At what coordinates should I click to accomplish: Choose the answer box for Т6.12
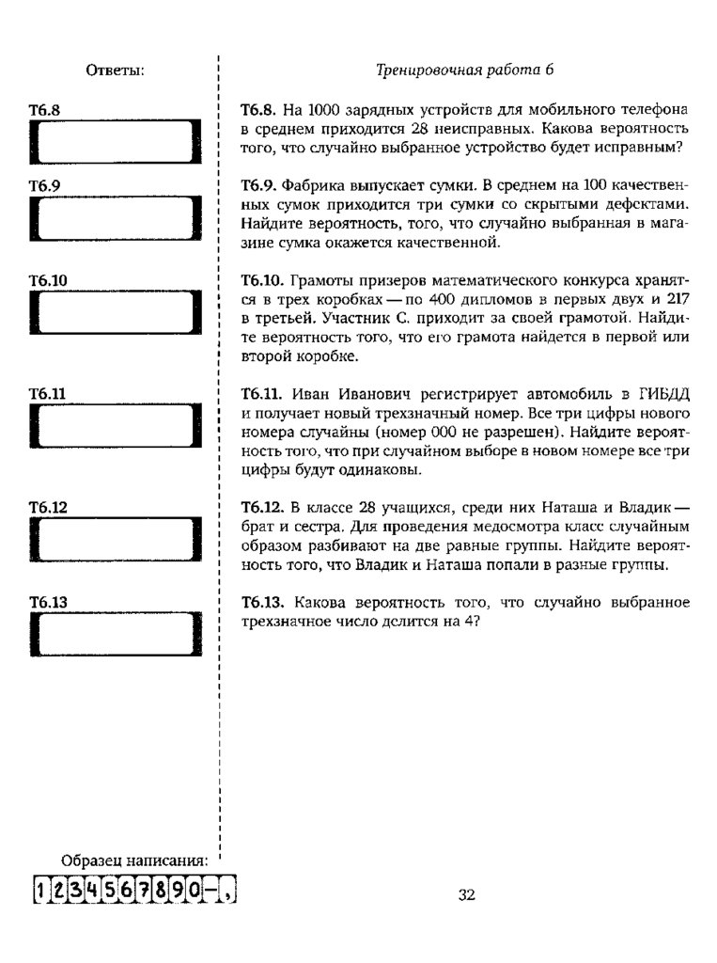pos(117,542)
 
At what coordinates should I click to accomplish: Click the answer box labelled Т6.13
pos(117,637)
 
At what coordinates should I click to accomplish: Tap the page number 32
pos(467,894)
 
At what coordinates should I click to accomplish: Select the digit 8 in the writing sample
pos(172,889)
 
